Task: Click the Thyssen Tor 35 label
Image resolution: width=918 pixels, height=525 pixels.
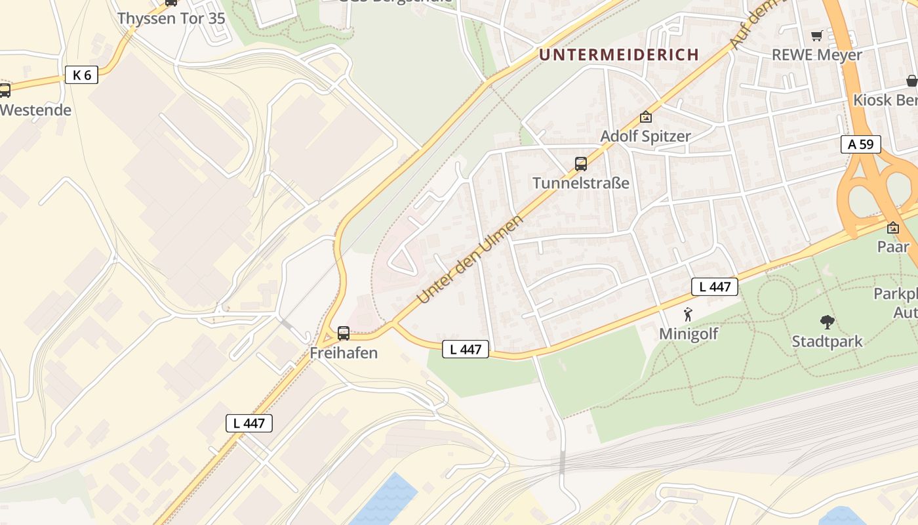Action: [171, 18]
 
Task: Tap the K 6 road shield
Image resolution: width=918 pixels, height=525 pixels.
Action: [82, 75]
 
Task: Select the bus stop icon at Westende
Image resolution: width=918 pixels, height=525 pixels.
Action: [5, 91]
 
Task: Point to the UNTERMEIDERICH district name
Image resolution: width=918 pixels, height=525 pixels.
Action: [619, 54]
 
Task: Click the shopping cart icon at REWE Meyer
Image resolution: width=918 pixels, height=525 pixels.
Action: [816, 36]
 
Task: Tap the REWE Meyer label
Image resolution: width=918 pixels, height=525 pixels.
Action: [816, 54]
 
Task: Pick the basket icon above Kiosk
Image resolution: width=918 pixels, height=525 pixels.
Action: [911, 81]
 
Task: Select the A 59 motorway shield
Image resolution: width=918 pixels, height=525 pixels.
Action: [861, 144]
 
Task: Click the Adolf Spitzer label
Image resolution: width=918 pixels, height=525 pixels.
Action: [646, 136]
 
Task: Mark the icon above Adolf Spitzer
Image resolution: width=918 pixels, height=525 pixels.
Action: [646, 117]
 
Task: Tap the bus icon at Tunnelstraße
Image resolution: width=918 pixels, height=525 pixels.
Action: [581, 164]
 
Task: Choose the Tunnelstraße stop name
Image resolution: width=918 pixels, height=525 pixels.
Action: [581, 182]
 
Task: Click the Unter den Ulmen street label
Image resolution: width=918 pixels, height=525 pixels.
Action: [470, 259]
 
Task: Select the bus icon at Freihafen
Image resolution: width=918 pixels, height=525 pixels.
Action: [344, 333]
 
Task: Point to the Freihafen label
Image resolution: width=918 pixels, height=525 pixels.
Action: [344, 352]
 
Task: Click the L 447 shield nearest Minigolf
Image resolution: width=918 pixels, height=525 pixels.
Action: [715, 287]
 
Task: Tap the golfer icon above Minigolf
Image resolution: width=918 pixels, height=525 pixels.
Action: [688, 314]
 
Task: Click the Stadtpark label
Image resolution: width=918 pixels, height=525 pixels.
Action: [828, 341]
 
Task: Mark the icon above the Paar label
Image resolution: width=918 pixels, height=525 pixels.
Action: [893, 228]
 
